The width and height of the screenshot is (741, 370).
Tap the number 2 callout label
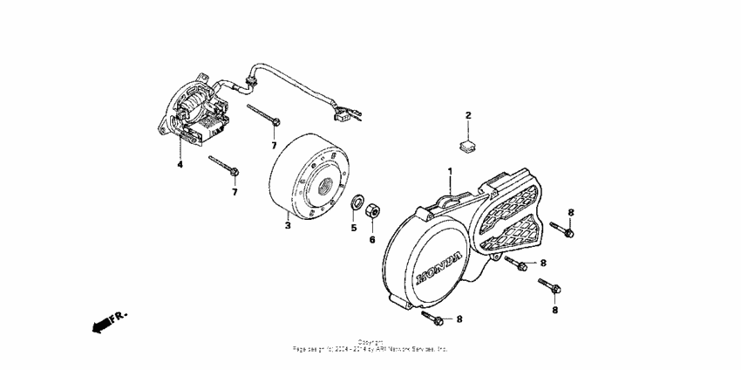click(x=467, y=115)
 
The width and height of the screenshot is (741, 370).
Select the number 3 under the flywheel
click(x=287, y=225)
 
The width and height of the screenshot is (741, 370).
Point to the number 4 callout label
click(x=180, y=163)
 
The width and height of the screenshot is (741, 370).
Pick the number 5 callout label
click(x=354, y=228)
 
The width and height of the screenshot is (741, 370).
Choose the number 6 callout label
click(x=371, y=239)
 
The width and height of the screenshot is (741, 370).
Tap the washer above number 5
click(x=357, y=203)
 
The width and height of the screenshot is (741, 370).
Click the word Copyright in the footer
click(x=370, y=341)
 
